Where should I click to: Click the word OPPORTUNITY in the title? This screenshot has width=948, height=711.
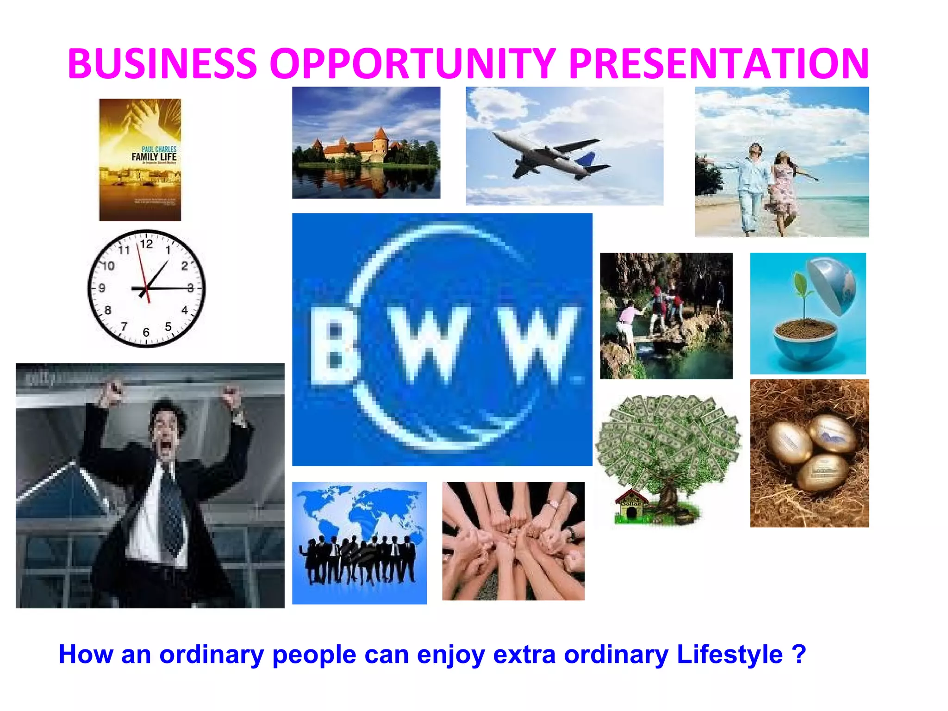pyautogui.click(x=412, y=63)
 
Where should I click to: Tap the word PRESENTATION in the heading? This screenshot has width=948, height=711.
pyautogui.click(x=719, y=63)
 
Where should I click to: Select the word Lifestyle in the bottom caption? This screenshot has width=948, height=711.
pyautogui.click(x=730, y=654)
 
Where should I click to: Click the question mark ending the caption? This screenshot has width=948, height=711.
pyautogui.click(x=799, y=654)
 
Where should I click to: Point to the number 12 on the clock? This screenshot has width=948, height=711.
pyautogui.click(x=146, y=243)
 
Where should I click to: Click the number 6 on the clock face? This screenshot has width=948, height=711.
pyautogui.click(x=146, y=332)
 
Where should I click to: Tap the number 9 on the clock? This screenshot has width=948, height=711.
pyautogui.click(x=102, y=288)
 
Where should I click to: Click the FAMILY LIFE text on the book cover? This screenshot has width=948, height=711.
pyautogui.click(x=154, y=157)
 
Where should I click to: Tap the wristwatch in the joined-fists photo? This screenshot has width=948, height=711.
pyautogui.click(x=553, y=503)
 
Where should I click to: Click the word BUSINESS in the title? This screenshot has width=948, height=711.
pyautogui.click(x=162, y=63)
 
